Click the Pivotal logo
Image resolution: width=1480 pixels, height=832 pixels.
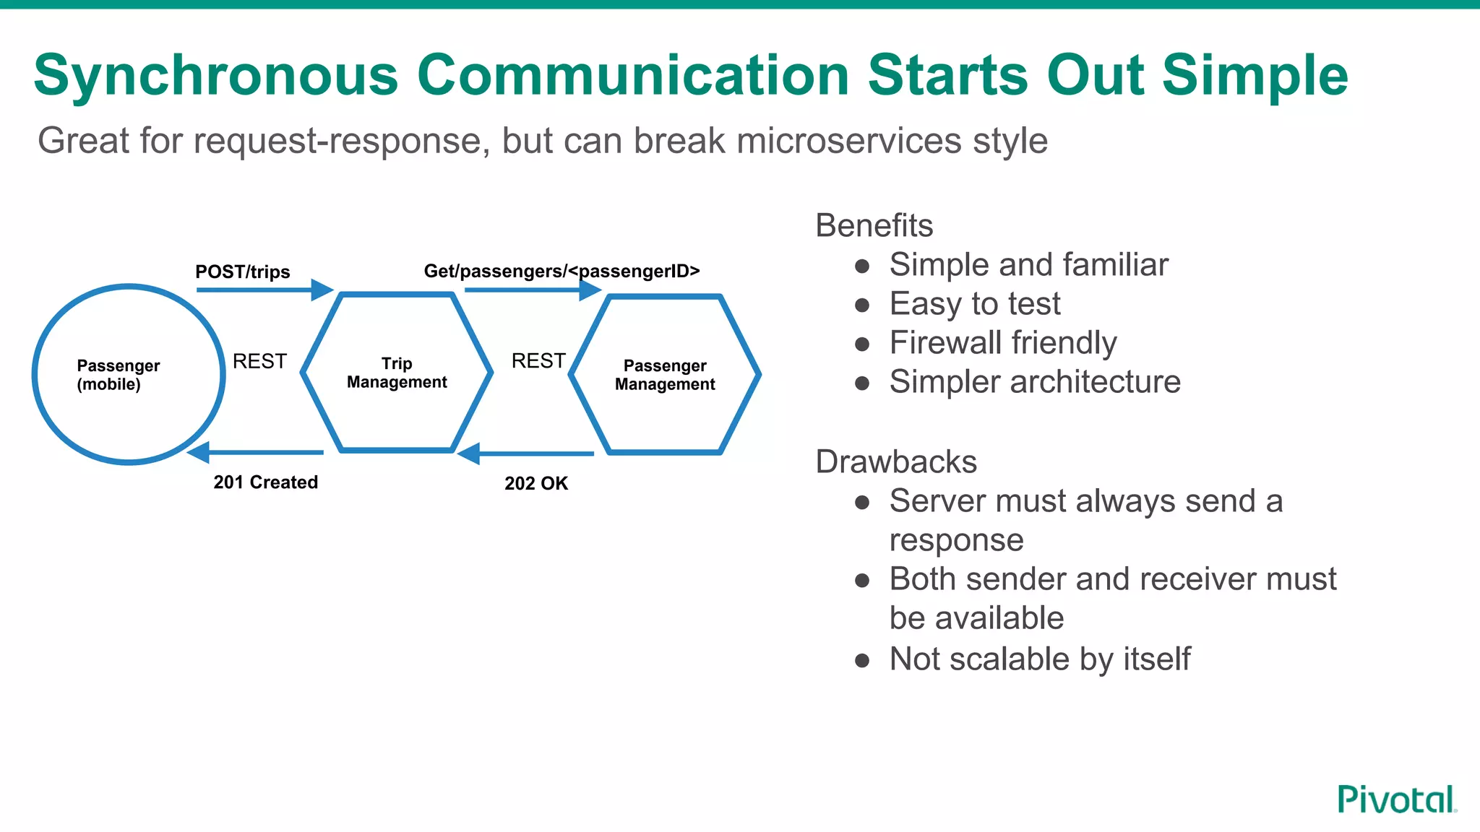(1395, 799)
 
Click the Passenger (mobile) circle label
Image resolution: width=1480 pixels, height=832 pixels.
(118, 375)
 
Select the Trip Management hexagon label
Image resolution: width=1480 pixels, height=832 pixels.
(397, 373)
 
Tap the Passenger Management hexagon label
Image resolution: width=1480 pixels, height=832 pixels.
(665, 375)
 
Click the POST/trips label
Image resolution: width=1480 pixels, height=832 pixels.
(242, 272)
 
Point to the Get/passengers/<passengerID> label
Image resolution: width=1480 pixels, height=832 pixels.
(562, 272)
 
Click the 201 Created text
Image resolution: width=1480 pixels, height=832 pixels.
(265, 482)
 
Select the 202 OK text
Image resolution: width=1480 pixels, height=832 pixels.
(536, 484)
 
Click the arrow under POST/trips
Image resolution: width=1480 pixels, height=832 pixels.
(264, 290)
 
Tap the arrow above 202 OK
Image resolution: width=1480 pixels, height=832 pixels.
(525, 454)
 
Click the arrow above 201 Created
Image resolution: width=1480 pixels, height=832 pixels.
(254, 453)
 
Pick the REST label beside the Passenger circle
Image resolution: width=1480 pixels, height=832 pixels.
(259, 361)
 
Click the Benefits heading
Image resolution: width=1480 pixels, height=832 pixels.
(874, 226)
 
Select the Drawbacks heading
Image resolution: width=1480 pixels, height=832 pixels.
(895, 462)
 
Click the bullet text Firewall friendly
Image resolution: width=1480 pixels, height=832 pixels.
(1002, 343)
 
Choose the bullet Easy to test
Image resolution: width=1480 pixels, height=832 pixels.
(974, 304)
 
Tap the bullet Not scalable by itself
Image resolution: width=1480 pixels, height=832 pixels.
(1039, 659)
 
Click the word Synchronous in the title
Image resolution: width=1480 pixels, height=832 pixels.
(215, 75)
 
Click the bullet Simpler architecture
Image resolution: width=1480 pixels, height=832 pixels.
(1034, 382)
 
